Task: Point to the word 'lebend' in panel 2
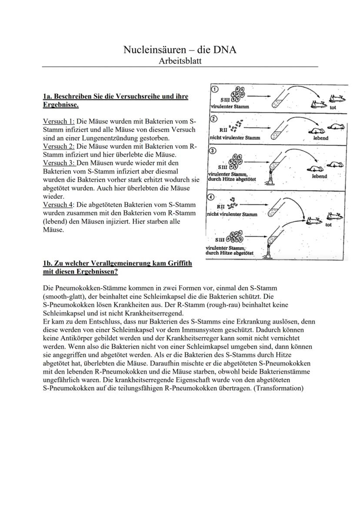tap(320, 138)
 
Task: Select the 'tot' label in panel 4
tap(328, 225)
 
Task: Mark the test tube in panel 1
tap(277, 101)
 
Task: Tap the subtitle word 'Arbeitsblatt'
tap(180, 61)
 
